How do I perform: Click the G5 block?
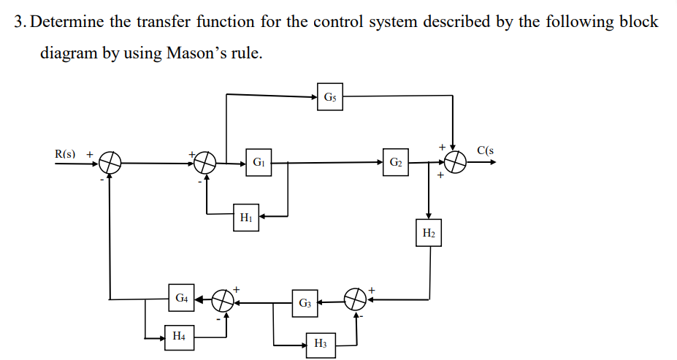tap(330, 96)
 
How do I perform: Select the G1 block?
tap(258, 162)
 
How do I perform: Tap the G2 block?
tap(394, 162)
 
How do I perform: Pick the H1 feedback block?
tap(246, 217)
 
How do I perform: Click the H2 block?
tap(429, 234)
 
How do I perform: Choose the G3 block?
tap(305, 302)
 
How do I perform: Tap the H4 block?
tap(178, 337)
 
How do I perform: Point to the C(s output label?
tap(486, 151)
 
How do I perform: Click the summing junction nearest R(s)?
tap(110, 162)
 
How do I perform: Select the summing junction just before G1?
tap(206, 162)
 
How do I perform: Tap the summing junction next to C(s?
tap(455, 162)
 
